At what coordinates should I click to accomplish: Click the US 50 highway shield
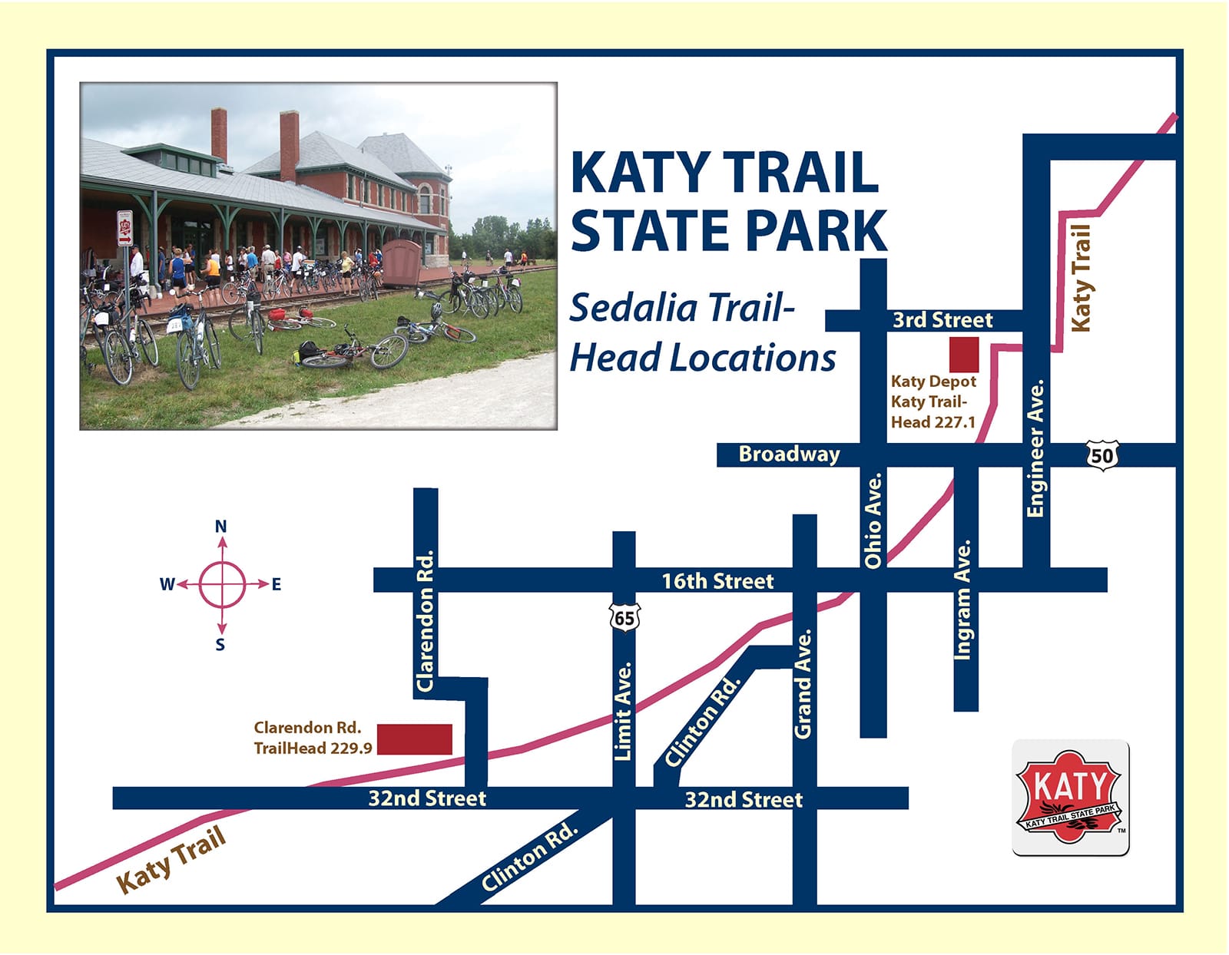[1101, 455]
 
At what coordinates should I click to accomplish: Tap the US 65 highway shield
[624, 617]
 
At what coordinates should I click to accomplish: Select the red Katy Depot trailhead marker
[964, 354]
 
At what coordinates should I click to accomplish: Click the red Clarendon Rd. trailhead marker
[415, 739]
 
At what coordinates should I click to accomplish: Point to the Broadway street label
[789, 454]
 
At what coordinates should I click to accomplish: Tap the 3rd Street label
[942, 320]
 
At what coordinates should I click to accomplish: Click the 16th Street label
[717, 581]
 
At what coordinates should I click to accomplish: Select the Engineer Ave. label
[1036, 448]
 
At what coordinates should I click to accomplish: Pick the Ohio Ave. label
[873, 520]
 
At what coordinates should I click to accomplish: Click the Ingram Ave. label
[963, 599]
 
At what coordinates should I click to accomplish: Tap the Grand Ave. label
[803, 684]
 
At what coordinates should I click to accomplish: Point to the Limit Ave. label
[623, 711]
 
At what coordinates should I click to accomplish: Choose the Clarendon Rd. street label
[425, 620]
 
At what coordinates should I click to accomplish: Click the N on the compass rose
[220, 527]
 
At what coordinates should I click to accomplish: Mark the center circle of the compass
[222, 584]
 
